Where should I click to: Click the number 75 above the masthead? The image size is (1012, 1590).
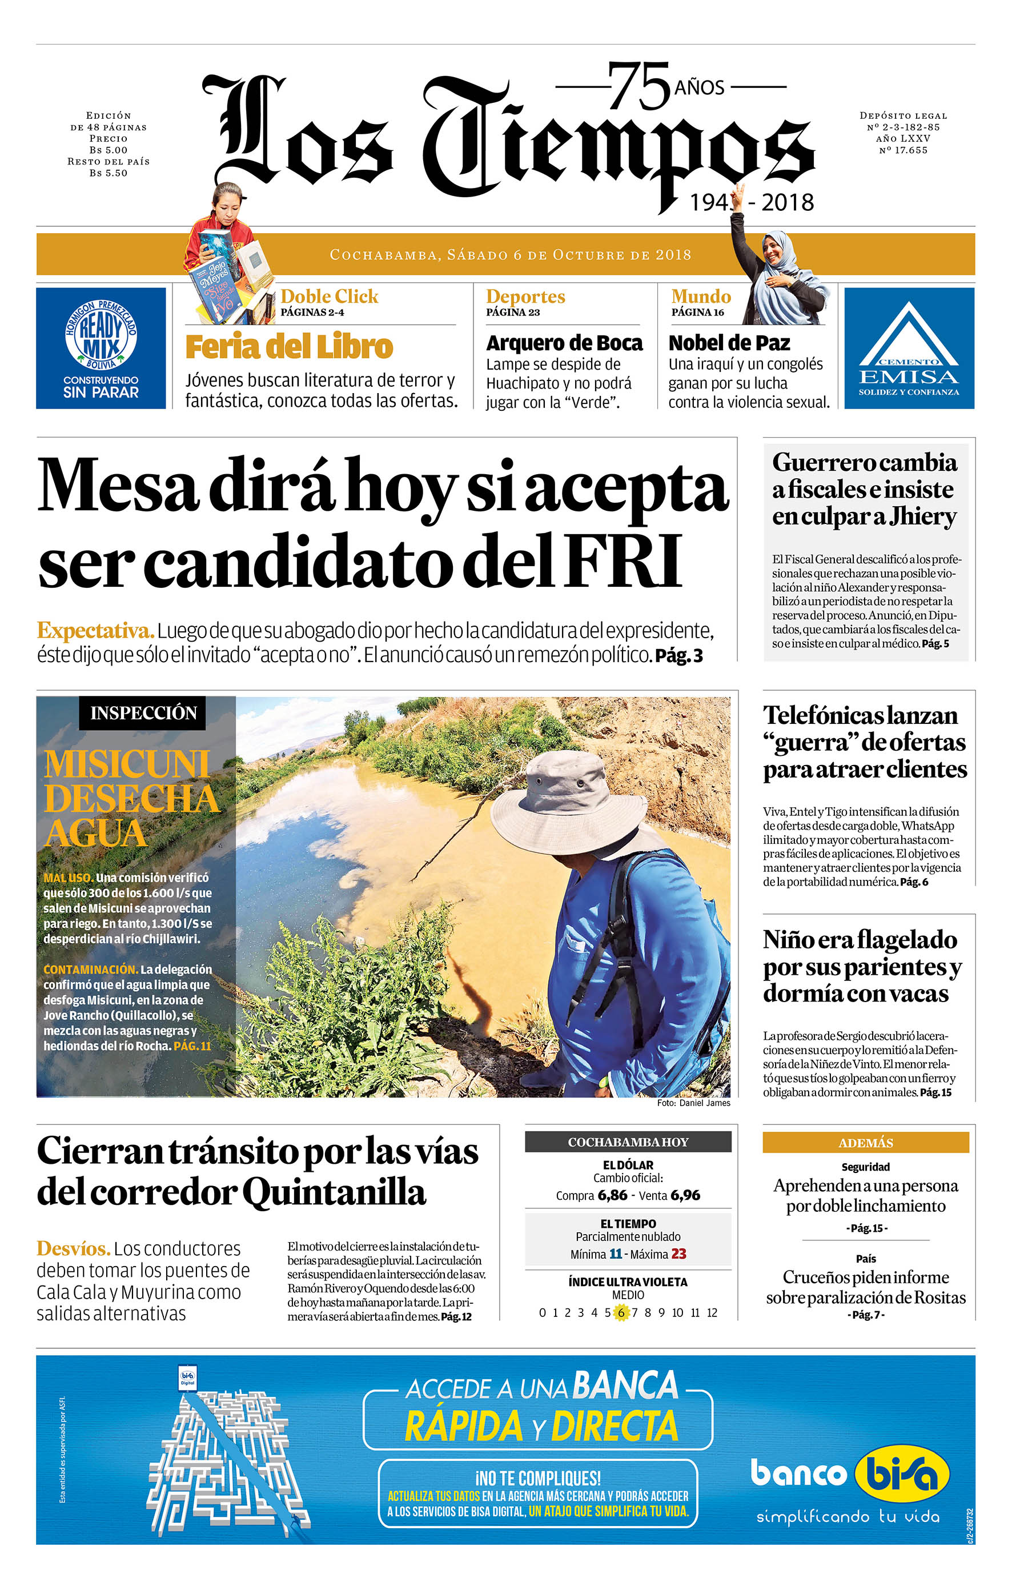[x=638, y=86]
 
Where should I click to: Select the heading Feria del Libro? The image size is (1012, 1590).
[x=289, y=347]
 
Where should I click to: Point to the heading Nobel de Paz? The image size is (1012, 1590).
[x=729, y=343]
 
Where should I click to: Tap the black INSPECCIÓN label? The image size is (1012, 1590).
[x=143, y=713]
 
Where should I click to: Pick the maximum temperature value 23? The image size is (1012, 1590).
[x=678, y=1254]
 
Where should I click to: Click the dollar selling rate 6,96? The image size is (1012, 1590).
[x=685, y=1195]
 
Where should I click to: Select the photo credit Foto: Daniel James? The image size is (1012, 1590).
[x=693, y=1103]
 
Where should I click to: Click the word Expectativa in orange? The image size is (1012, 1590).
[x=95, y=631]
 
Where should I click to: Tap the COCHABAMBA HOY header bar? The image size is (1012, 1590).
[x=628, y=1142]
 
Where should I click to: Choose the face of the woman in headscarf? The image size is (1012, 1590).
[x=774, y=250]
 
